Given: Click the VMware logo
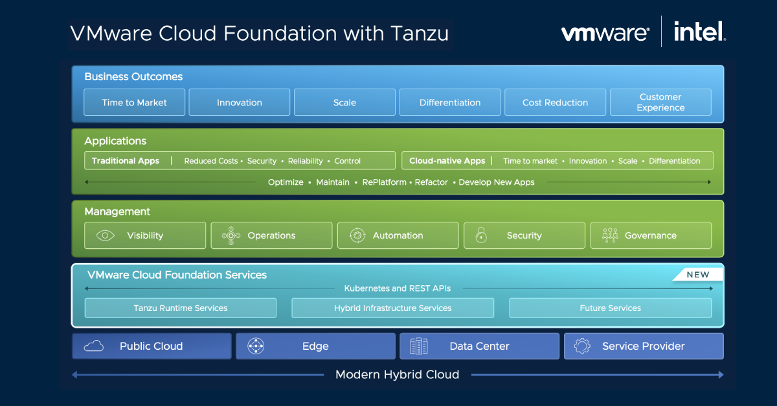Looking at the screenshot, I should pos(605,33).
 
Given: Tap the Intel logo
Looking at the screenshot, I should pos(699,32).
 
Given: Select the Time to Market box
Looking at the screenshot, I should pos(135,102).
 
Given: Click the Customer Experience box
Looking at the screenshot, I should pos(660,102).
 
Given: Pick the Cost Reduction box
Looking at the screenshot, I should pos(555,102).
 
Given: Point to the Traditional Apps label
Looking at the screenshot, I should pos(126,161).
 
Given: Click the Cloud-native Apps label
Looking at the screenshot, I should pos(447,161).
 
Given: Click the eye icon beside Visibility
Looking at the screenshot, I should pos(105,235).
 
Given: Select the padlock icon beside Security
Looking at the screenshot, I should pos(480,235).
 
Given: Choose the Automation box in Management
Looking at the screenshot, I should pos(398,235).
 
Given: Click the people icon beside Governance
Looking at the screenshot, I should pos(609,235).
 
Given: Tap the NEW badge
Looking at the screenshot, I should pos(697,275).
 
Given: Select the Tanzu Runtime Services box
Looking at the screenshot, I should pos(181,308).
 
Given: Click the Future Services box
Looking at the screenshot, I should pos(610,308).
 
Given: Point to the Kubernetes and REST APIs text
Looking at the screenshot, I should pos(397,288).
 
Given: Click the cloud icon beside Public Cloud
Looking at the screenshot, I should pos(94,347).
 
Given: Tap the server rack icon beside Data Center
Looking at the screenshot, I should pos(419,347).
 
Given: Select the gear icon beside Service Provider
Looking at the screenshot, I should pos(582,347).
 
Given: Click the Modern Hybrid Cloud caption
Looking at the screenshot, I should pos(397,374).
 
